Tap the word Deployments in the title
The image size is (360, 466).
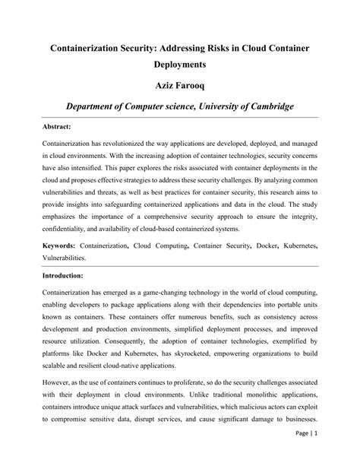click(x=180, y=65)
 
